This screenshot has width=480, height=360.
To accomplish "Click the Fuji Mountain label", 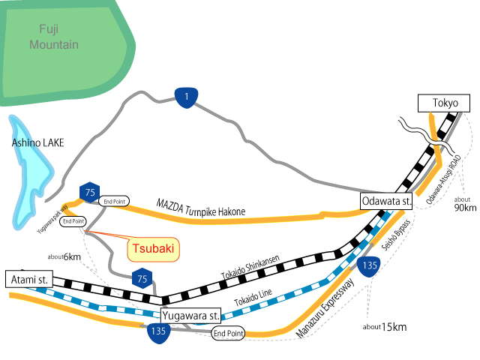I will [54, 37].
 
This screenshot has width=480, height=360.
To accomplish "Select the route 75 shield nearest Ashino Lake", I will [89, 191].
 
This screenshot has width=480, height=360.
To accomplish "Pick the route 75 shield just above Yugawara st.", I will [141, 280].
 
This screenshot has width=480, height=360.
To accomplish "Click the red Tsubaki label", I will [154, 249].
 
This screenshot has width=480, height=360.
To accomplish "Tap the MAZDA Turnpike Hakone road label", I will [202, 208].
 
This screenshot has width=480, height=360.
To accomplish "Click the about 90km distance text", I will [465, 205].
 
